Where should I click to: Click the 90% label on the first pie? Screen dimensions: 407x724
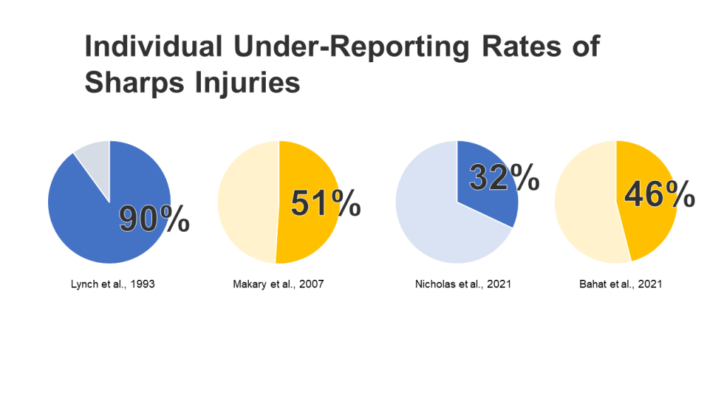pos(154,219)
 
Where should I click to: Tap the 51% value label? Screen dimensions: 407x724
pos(326,203)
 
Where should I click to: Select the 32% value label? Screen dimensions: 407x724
pos(504,178)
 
